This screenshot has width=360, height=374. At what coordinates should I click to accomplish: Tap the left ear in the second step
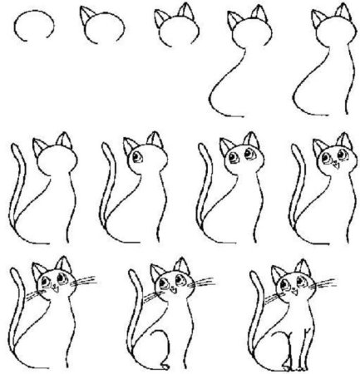pos(85,15)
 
